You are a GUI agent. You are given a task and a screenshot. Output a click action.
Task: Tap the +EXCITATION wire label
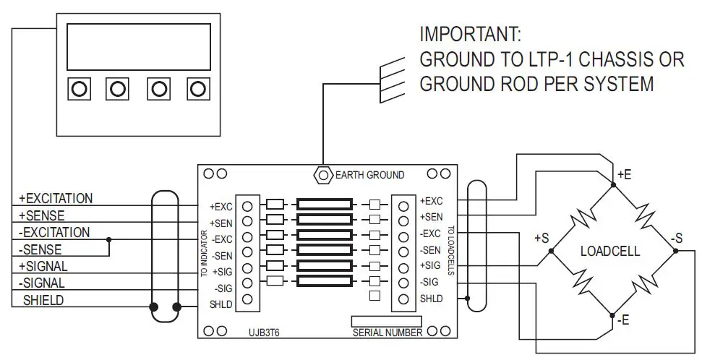point(56,198)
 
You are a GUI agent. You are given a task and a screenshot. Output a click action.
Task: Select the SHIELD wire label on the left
point(43,300)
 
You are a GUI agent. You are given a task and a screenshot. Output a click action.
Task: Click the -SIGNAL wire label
point(42,283)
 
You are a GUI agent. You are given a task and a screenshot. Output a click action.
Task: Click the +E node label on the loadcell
point(624,173)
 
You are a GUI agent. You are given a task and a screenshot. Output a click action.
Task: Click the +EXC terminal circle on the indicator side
point(247,205)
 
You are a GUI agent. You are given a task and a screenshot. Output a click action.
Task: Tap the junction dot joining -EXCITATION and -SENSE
point(108,239)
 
